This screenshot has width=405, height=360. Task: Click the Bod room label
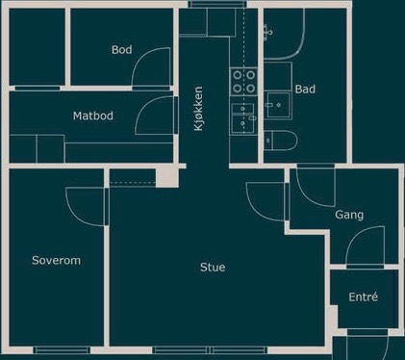(121, 50)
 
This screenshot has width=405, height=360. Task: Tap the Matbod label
(93, 116)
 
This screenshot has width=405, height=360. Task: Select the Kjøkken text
(198, 109)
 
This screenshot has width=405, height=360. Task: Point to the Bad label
(305, 89)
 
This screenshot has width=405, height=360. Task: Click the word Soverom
(56, 260)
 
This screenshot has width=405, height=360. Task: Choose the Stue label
(213, 267)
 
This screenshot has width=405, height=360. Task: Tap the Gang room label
(349, 215)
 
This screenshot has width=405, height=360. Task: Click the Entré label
(363, 296)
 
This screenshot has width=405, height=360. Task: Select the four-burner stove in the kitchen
(244, 82)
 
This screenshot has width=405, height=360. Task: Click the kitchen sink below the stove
(243, 117)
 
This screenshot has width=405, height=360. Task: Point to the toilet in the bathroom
(281, 141)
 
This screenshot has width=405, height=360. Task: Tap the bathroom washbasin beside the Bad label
(278, 105)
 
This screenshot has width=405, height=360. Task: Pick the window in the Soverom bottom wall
(62, 350)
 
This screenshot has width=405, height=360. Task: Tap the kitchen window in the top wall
(217, 4)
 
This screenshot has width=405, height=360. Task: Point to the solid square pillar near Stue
(166, 176)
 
